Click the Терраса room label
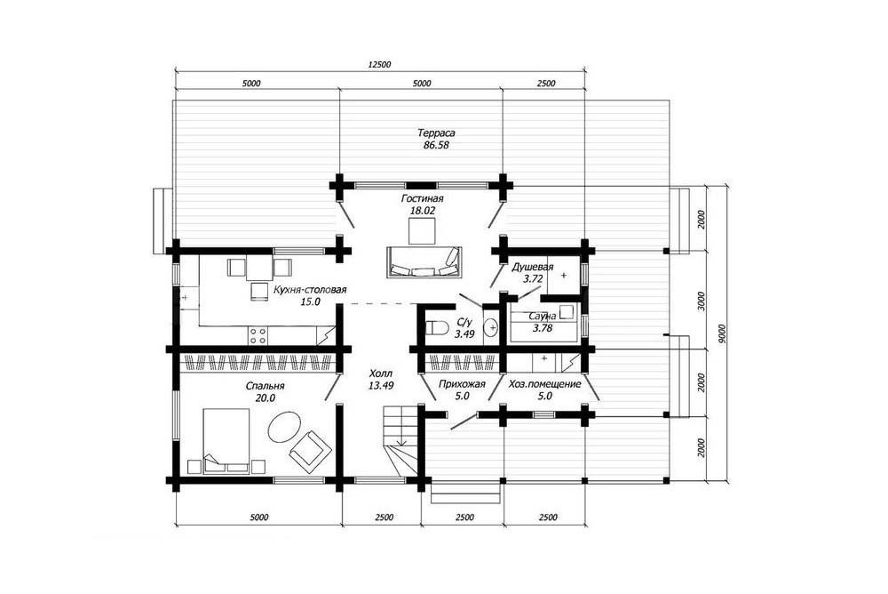pyautogui.click(x=436, y=133)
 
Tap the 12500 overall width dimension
pyautogui.click(x=379, y=65)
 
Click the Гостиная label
pyautogui.click(x=422, y=198)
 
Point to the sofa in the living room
pyautogui.click(x=423, y=262)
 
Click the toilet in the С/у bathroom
pyautogui.click(x=437, y=328)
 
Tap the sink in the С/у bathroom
pyautogui.click(x=491, y=327)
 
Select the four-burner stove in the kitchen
pyautogui.click(x=258, y=335)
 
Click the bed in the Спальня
pyautogui.click(x=226, y=440)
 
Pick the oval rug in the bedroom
pyautogui.click(x=284, y=428)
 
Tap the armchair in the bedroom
pyautogui.click(x=310, y=452)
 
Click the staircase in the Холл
pyautogui.click(x=401, y=441)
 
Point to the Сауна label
pyautogui.click(x=542, y=316)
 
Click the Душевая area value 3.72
pyautogui.click(x=533, y=278)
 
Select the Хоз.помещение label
pyautogui.click(x=545, y=384)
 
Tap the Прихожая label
pyautogui.click(x=462, y=384)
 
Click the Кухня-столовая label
pyautogui.click(x=310, y=290)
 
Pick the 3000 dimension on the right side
pyautogui.click(x=702, y=301)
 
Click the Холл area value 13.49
pyautogui.click(x=381, y=385)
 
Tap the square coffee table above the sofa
pyautogui.click(x=423, y=231)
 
